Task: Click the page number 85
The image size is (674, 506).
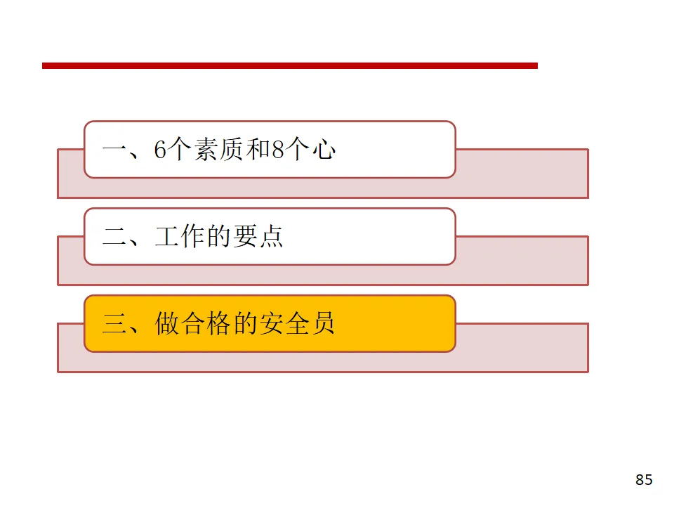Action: [x=644, y=480]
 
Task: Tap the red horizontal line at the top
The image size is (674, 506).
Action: [x=289, y=65]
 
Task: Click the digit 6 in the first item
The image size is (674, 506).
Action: [x=160, y=150]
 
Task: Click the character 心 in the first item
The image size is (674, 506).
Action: [x=323, y=150]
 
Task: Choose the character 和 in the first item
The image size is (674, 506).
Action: [x=257, y=150]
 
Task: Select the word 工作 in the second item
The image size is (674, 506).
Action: [x=179, y=237]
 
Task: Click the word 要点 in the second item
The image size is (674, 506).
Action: [x=258, y=237]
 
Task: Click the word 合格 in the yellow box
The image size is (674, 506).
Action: [x=206, y=324]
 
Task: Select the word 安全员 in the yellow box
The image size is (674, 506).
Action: [x=296, y=324]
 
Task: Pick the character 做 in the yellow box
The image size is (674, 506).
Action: [x=167, y=324]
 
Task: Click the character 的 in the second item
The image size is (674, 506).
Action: [x=218, y=237]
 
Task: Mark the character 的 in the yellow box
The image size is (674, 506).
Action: [x=244, y=324]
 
